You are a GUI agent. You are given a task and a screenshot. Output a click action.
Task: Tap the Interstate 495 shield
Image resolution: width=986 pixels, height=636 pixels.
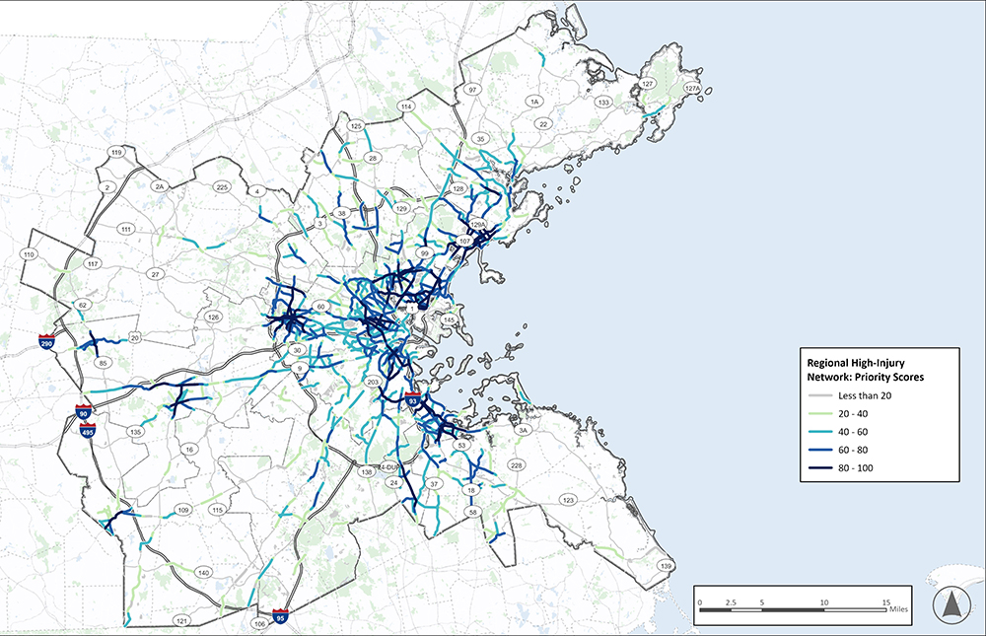88,429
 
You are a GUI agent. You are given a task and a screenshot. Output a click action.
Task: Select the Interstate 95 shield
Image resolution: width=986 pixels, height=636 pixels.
281,616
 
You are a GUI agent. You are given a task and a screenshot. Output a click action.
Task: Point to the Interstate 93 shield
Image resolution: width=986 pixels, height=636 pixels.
414,400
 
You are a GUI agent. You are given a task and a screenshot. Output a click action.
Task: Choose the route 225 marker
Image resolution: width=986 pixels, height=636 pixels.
222,186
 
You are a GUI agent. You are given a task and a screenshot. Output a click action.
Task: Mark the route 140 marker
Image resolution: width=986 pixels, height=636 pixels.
203,572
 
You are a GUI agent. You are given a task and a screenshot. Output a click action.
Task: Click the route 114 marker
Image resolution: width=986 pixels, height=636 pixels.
404,106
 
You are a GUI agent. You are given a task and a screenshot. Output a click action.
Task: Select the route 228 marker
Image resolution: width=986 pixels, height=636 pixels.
516,464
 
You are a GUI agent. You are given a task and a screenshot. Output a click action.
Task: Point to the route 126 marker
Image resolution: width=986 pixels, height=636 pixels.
214,317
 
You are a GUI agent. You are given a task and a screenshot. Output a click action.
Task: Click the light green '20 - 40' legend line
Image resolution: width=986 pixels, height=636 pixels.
815,413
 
